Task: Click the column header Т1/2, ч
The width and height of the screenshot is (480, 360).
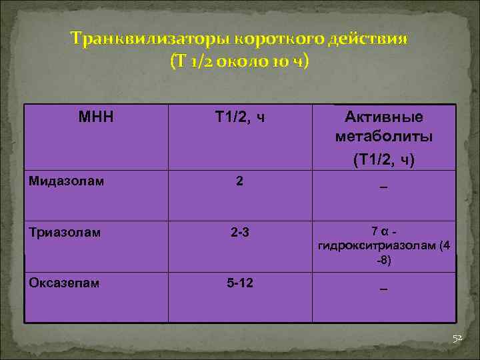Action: point(240,118)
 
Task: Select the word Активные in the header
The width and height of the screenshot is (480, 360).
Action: point(383,117)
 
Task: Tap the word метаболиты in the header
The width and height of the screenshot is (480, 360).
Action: point(383,137)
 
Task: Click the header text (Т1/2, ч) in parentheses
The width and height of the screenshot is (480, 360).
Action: point(383,160)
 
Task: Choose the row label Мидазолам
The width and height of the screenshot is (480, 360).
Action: point(66,180)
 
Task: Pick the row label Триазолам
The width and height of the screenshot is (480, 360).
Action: point(65,232)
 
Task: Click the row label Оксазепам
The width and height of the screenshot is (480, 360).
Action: point(64,283)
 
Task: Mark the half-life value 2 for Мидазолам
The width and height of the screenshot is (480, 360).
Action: point(239,180)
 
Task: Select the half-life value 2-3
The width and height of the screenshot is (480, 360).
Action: point(240,232)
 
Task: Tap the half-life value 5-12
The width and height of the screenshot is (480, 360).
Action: point(240,283)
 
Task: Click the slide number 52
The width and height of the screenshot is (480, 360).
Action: point(457,339)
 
